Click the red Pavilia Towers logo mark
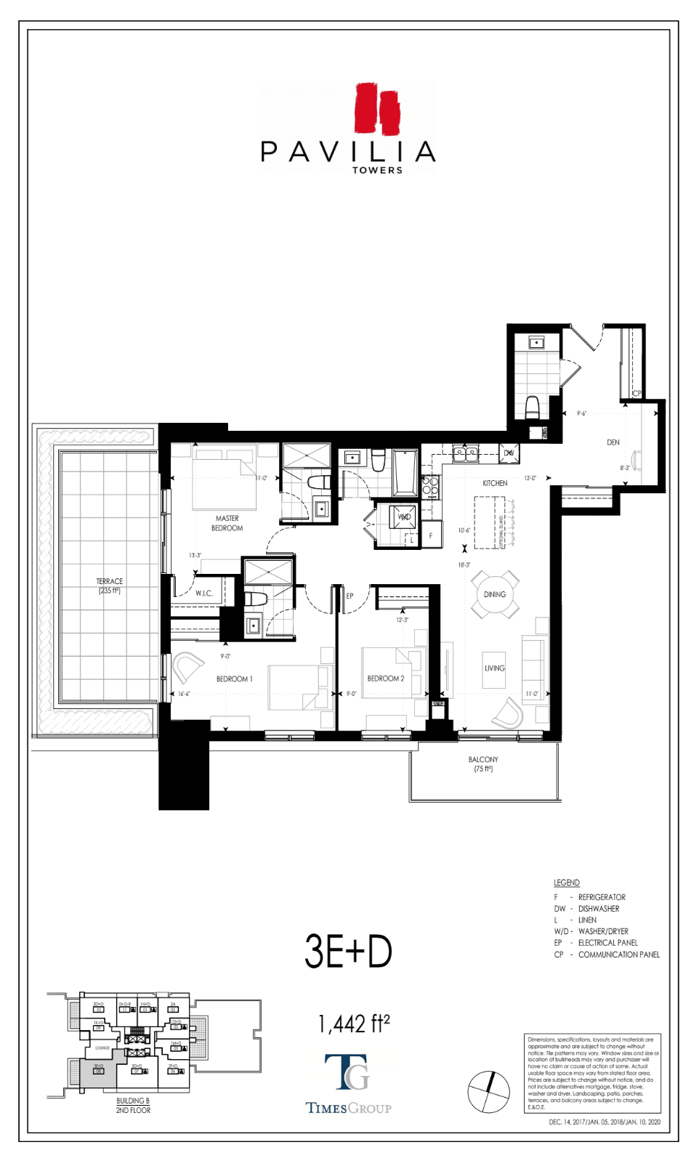tap(378, 108)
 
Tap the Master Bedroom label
tap(227, 523)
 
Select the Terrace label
tap(110, 586)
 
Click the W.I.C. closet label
tap(204, 594)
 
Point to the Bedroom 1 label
tap(234, 679)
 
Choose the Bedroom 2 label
tap(385, 679)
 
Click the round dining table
tap(495, 594)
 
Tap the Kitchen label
tap(495, 483)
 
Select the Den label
tap(613, 442)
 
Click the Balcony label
tap(483, 764)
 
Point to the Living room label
tap(495, 668)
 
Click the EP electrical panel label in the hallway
tap(349, 596)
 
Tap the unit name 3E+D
tap(348, 952)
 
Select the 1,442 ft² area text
tap(354, 1024)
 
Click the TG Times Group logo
tap(348, 1082)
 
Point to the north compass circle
tap(488, 1092)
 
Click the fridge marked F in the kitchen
tap(431, 535)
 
